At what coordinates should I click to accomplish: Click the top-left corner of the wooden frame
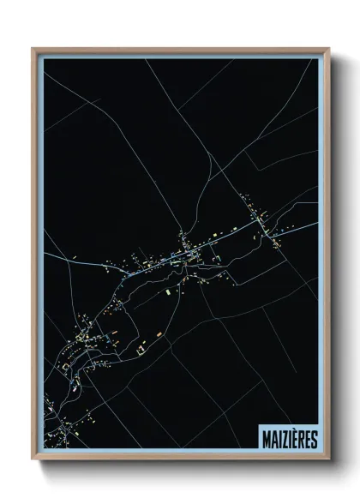(33, 48)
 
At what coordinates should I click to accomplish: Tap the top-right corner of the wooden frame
(329, 48)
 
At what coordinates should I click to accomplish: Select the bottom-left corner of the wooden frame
(33, 460)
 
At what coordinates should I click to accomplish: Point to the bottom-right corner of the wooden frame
(329, 460)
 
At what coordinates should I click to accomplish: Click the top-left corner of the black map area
(44, 59)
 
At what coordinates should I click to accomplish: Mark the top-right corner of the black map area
(318, 59)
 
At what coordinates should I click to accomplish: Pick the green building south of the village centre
(170, 291)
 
